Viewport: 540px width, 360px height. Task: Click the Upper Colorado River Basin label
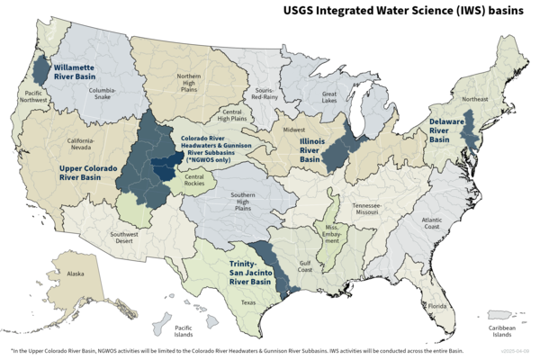[92, 172]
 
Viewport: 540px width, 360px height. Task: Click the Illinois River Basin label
[310, 149]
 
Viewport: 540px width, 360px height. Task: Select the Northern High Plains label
[189, 82]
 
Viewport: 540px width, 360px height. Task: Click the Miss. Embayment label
[332, 232]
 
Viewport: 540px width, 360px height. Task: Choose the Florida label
[437, 306]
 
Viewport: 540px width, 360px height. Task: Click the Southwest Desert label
[124, 238]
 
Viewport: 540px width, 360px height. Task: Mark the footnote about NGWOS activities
[236, 351]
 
